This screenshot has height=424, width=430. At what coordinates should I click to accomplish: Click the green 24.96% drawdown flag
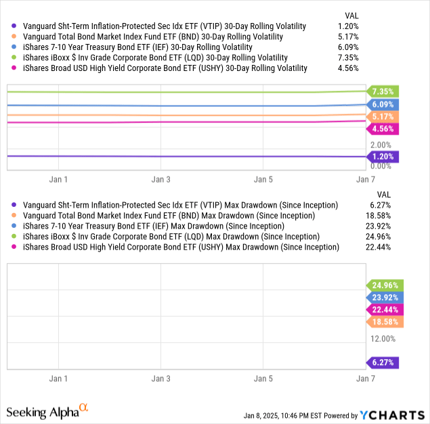383,285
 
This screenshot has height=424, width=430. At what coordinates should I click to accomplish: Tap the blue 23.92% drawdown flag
383,297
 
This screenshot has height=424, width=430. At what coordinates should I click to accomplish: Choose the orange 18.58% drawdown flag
383,322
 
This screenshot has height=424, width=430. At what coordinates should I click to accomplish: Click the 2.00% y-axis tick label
381,145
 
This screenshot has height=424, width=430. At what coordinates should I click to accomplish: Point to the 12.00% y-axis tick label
383,338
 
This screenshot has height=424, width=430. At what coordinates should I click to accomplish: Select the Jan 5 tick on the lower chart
263,379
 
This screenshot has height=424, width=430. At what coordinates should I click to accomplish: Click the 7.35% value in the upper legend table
347,57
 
